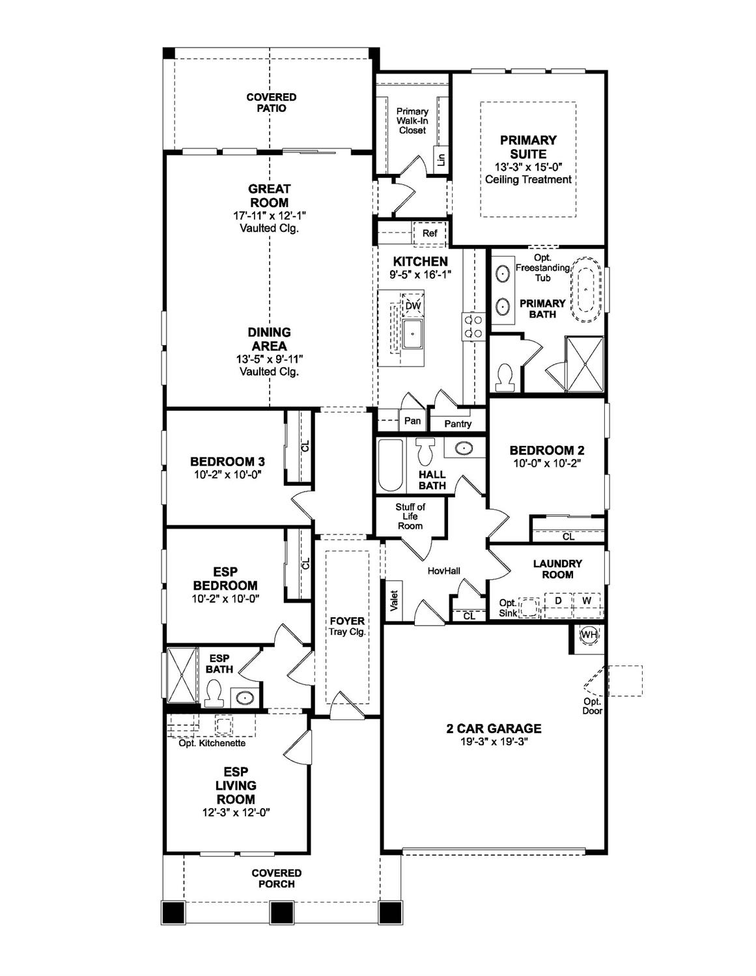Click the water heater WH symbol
589,635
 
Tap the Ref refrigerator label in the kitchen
430,233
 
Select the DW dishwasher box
413,305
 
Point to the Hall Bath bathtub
391,465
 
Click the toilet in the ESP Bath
214,693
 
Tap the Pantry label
458,424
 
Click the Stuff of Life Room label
410,516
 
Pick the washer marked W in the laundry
587,600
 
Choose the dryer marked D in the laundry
558,600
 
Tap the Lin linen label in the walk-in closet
441,158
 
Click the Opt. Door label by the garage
592,706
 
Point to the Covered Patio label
271,102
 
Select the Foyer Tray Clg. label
347,626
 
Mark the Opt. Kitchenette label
212,743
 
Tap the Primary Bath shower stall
584,364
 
